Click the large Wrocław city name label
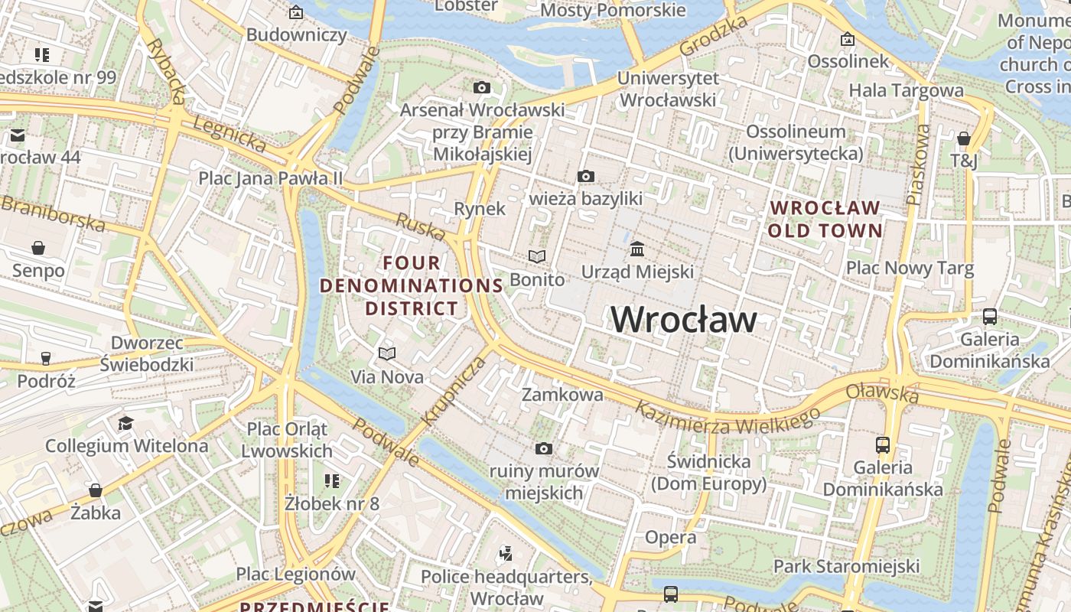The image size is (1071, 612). [684, 320]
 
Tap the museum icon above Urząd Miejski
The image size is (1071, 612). [637, 249]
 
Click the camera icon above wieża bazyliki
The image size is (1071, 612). [585, 177]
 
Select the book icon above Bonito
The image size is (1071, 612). [537, 257]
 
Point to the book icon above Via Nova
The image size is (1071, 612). [387, 353]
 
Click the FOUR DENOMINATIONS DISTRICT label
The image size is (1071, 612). [412, 286]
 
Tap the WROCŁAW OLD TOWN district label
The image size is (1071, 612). [825, 219]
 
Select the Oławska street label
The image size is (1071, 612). [881, 394]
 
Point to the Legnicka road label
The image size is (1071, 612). [229, 133]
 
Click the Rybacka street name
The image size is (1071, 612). [168, 70]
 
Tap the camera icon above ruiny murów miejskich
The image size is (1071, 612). [544, 448]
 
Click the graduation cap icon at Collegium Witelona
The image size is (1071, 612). [125, 423]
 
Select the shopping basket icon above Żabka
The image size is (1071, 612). [96, 490]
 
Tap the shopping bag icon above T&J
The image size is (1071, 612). [964, 138]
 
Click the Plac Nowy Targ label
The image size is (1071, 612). [910, 268]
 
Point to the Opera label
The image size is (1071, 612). [670, 537]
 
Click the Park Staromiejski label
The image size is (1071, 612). [846, 566]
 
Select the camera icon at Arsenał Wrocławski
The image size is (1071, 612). [481, 87]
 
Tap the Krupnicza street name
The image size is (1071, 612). [453, 391]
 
